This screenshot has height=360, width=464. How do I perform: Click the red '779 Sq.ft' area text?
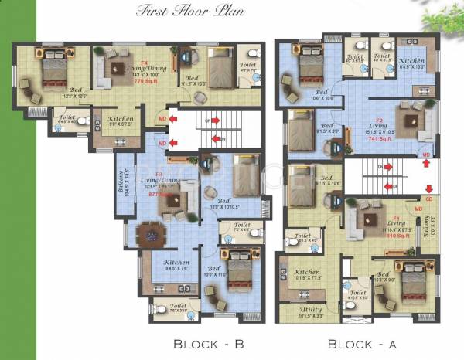tap(145, 80)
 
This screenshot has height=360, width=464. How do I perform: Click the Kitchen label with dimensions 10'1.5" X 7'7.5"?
tap(307, 275)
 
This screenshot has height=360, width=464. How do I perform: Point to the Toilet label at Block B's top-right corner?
tap(248, 68)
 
